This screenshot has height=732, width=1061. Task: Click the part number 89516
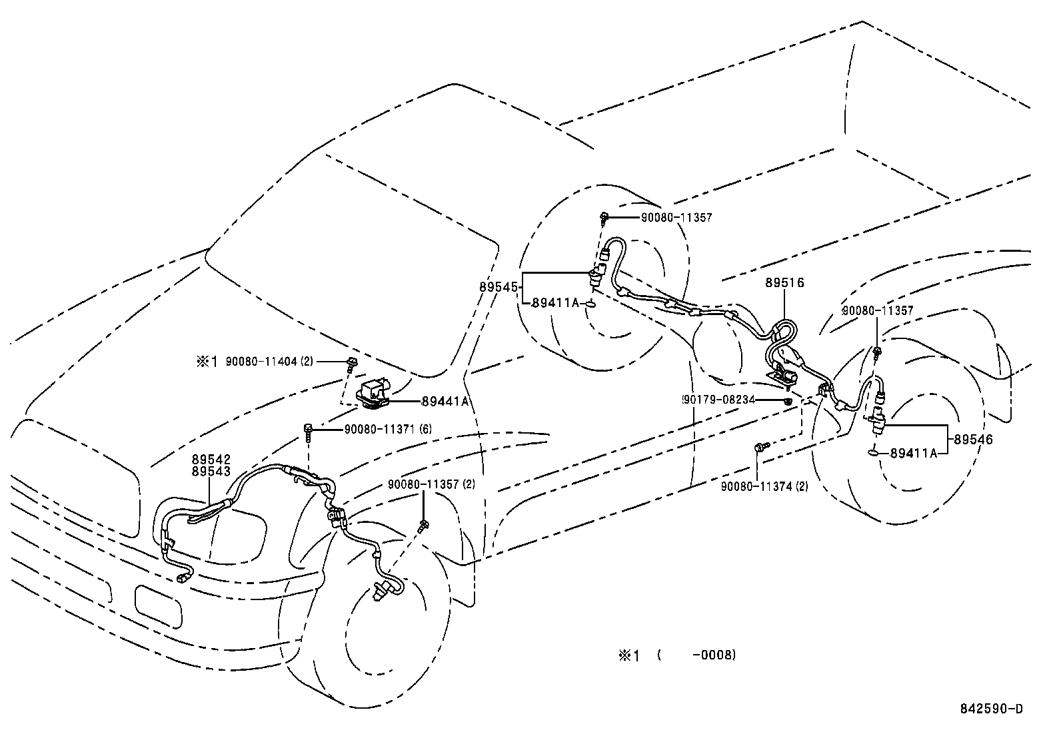[x=784, y=282]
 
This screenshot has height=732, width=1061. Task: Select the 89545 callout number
[x=499, y=287]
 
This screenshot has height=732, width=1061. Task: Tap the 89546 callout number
[x=973, y=440]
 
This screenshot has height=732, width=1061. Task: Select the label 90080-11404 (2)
[x=269, y=362]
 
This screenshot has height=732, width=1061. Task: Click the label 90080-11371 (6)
[x=388, y=430]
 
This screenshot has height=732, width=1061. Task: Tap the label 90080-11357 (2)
[x=431, y=484]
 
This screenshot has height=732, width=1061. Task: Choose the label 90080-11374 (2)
[x=764, y=487]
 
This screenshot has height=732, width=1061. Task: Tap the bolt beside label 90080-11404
[x=351, y=363]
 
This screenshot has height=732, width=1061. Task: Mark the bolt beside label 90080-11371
[x=309, y=430]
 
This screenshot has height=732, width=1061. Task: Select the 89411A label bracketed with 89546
[x=914, y=453]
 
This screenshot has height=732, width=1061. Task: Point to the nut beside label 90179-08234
[x=788, y=401]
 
